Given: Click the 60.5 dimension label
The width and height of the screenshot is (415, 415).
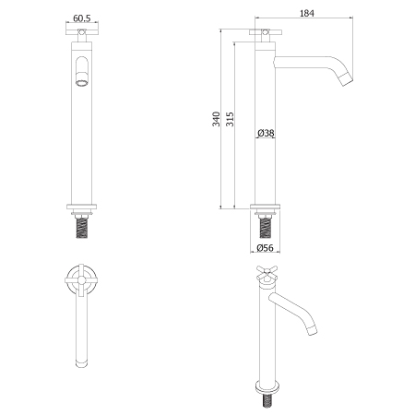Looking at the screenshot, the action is [x=82, y=18].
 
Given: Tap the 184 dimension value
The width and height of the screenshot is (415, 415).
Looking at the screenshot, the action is [x=307, y=13].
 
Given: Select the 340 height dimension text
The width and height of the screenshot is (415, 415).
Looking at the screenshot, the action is [x=216, y=119].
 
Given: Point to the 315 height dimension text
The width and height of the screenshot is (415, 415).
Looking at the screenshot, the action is [x=230, y=119].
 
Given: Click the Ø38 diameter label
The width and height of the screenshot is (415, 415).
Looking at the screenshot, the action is [x=266, y=133].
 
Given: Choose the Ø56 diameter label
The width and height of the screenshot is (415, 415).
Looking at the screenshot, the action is [x=265, y=248].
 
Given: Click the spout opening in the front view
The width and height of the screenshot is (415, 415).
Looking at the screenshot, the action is [x=82, y=83].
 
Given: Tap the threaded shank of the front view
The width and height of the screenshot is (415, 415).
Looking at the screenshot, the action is [x=82, y=227].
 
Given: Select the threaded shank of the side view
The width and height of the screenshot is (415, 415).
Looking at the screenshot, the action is [x=265, y=227].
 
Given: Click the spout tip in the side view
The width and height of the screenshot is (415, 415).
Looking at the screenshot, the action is [x=348, y=78].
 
